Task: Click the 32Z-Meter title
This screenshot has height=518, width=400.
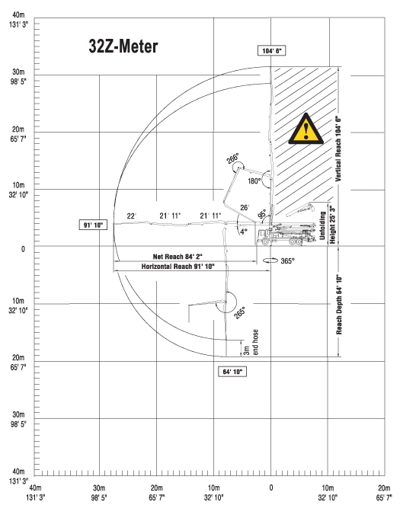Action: (123, 46)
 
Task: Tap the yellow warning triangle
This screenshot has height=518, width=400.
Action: (306, 129)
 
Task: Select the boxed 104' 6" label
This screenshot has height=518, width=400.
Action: (271, 50)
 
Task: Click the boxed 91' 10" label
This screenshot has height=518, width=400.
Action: (93, 225)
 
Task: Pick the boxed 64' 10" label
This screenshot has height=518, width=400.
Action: (232, 372)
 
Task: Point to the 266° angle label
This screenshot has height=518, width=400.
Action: (232, 158)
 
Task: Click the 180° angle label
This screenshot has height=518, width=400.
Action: (254, 181)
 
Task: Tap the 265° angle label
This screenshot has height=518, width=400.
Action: (239, 312)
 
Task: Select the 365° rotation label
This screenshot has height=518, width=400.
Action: (287, 261)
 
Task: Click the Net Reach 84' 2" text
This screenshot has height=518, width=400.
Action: (178, 257)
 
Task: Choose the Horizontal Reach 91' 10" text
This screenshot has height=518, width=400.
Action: (178, 267)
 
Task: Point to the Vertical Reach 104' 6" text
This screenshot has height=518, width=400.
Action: (338, 149)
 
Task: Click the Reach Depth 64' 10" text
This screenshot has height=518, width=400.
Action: (339, 304)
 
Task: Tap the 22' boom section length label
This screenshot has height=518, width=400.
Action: (131, 216)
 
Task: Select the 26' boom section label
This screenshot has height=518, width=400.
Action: (245, 207)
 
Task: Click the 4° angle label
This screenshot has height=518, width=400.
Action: (244, 232)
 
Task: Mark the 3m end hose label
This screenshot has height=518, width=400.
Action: (251, 343)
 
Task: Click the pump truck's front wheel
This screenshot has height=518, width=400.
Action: (265, 241)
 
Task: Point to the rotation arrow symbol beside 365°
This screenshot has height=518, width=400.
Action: (270, 261)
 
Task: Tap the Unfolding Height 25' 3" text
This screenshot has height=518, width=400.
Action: (327, 225)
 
